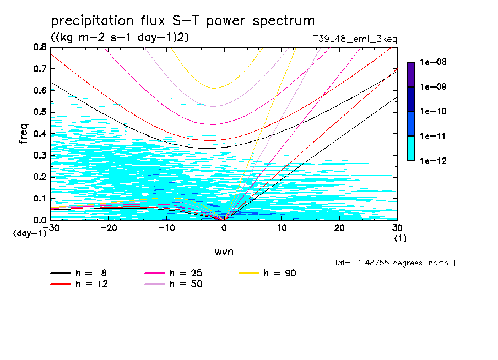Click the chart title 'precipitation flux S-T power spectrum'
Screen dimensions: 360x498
click(x=182, y=21)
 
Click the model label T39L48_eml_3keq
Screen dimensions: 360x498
click(x=354, y=39)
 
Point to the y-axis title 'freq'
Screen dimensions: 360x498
click(x=24, y=134)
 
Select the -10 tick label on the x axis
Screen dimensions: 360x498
click(x=166, y=227)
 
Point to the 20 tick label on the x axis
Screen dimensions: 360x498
click(x=339, y=227)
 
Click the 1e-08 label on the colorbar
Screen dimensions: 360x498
click(x=432, y=62)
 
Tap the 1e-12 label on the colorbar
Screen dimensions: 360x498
click(x=432, y=161)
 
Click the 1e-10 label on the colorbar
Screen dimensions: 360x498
click(x=432, y=112)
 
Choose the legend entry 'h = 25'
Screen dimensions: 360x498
click(x=185, y=273)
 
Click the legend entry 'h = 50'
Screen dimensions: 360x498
click(x=185, y=284)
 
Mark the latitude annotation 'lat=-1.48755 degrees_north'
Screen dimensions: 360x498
click(x=392, y=263)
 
